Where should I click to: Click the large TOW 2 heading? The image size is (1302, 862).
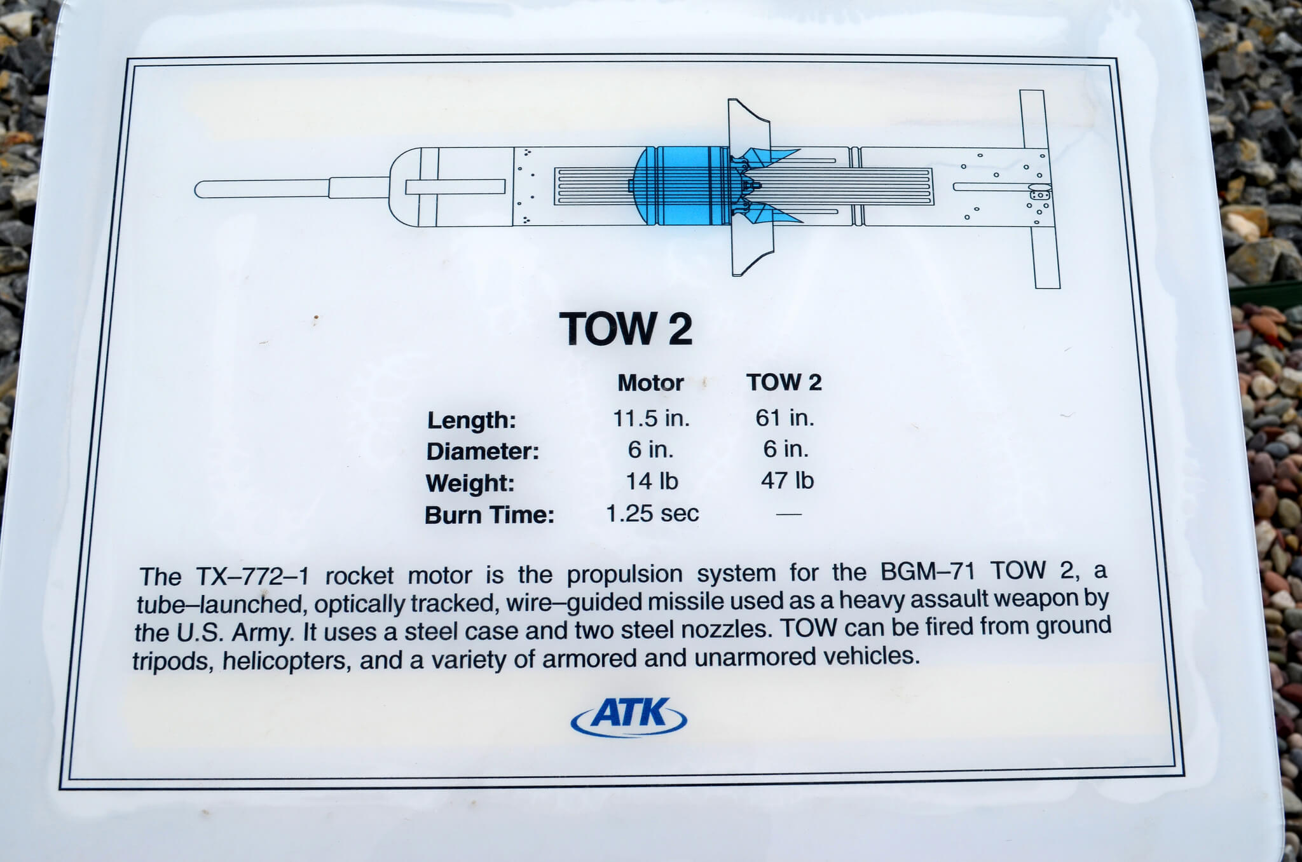click(x=626, y=329)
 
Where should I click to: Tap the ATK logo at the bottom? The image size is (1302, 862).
click(x=629, y=716)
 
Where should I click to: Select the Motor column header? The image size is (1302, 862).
click(x=650, y=383)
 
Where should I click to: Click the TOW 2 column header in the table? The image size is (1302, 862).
click(x=784, y=382)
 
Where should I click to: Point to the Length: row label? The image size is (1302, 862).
click(x=472, y=420)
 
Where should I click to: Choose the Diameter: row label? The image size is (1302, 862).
click(x=483, y=451)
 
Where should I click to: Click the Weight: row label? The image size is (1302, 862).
click(x=470, y=483)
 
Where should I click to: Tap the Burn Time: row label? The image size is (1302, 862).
click(x=490, y=514)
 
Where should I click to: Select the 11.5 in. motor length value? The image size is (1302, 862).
click(x=651, y=418)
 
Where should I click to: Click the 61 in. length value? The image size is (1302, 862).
click(x=785, y=418)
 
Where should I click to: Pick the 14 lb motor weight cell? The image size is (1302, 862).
click(x=652, y=481)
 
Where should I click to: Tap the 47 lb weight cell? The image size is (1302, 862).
click(x=787, y=480)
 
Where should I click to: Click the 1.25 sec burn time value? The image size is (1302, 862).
click(x=652, y=513)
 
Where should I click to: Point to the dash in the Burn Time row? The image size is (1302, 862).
click(x=789, y=514)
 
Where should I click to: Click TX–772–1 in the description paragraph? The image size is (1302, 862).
click(x=252, y=577)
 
